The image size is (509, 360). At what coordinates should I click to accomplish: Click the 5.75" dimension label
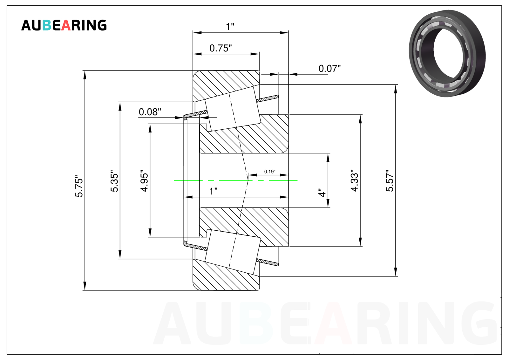[x=79, y=186]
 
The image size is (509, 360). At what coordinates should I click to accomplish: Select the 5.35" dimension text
[x=114, y=181]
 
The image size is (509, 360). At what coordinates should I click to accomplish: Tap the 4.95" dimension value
[x=144, y=181]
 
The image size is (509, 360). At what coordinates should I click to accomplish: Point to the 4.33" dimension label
[x=354, y=180]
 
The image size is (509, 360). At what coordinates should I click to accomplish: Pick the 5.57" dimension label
[x=390, y=181]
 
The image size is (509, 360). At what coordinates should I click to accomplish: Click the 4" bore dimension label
[x=322, y=193]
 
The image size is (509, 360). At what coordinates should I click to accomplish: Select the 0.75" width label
[x=221, y=48]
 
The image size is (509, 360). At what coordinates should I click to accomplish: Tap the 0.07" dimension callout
[x=329, y=68]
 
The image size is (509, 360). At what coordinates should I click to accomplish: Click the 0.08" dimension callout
[x=150, y=112]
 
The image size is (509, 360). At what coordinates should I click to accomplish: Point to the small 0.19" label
[x=270, y=172]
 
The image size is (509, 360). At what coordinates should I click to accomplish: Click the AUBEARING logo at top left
[x=64, y=25]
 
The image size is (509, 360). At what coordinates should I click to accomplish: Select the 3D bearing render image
[x=447, y=53]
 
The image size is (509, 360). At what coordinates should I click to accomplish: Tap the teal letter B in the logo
[x=47, y=25]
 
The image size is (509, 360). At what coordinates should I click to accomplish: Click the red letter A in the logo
[x=66, y=25]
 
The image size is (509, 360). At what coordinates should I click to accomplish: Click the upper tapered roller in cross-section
[x=233, y=109]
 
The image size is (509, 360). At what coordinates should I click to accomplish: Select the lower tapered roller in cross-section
[x=233, y=252]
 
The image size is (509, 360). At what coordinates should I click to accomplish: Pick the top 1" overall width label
[x=230, y=27]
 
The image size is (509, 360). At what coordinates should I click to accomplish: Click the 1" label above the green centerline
[x=214, y=191]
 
